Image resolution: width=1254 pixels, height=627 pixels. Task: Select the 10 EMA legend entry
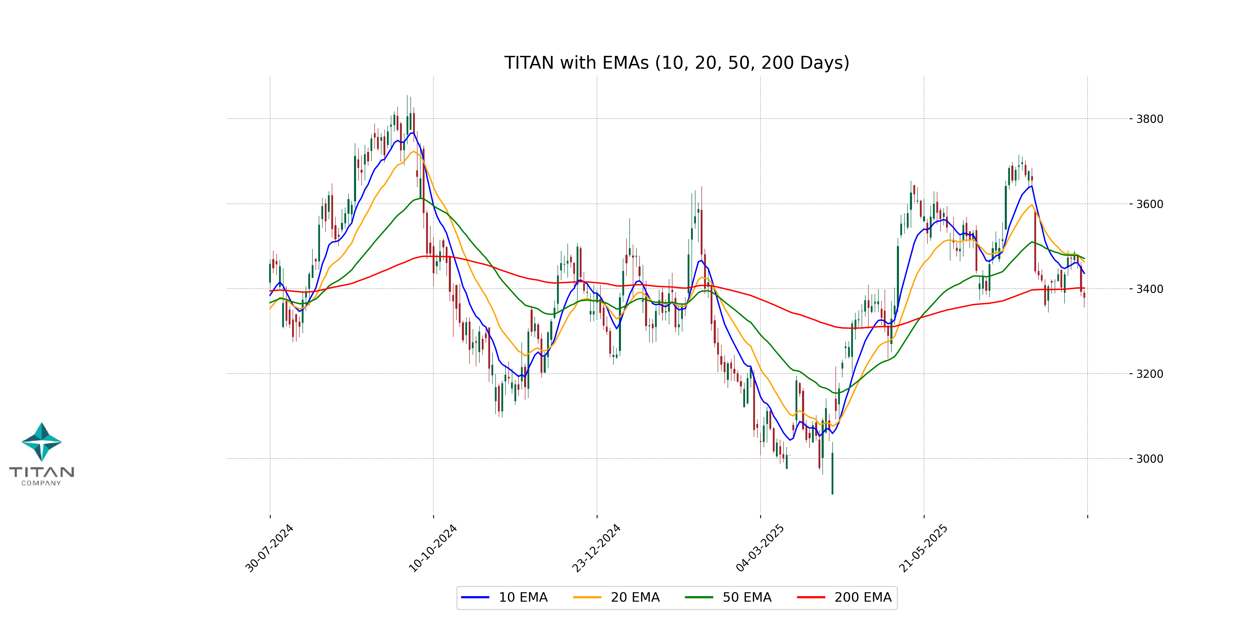523,597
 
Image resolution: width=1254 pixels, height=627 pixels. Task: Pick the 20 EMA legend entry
635,597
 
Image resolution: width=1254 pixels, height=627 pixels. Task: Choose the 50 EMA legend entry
747,597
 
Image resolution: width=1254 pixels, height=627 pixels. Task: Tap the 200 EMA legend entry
863,597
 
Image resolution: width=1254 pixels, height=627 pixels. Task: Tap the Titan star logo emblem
42,442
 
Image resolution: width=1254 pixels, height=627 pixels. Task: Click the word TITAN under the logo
42,472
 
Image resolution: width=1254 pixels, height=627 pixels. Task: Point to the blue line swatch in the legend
475,597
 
